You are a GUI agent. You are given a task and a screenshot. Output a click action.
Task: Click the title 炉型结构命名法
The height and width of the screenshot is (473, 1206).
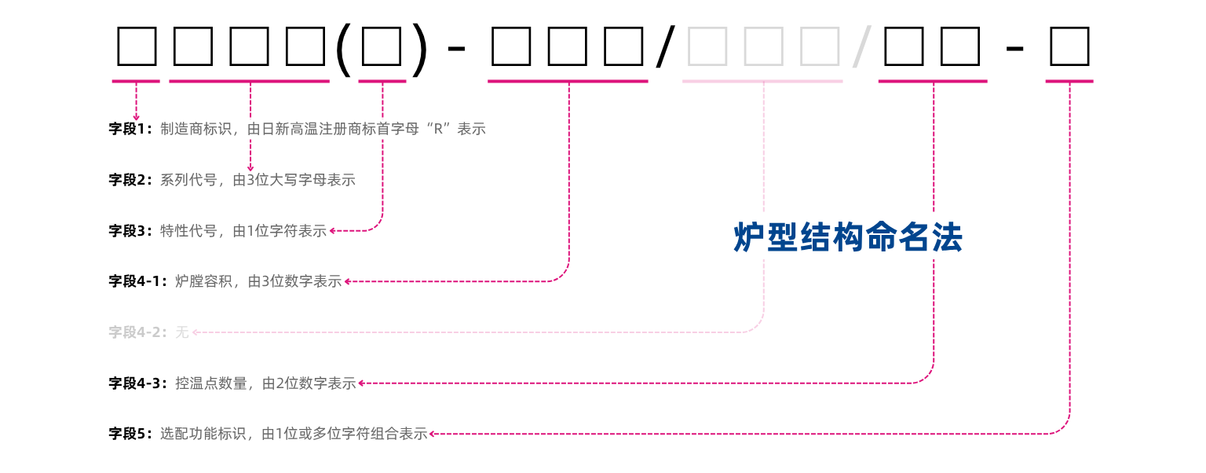[x=847, y=237]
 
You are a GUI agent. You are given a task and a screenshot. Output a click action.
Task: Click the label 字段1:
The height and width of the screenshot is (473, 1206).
[x=130, y=129]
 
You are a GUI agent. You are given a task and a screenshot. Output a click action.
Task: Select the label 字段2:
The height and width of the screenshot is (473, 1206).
[x=130, y=180]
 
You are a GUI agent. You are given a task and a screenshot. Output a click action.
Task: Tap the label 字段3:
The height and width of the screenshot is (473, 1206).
[x=130, y=231]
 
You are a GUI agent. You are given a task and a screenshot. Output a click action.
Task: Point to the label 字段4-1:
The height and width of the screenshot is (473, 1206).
[x=138, y=281]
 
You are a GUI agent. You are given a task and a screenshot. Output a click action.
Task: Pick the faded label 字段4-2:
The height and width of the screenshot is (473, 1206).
[x=138, y=332]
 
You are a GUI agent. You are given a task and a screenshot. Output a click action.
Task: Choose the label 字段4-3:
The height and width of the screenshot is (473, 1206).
[x=138, y=383]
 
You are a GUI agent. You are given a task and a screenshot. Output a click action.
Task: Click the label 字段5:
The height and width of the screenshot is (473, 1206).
[x=130, y=434]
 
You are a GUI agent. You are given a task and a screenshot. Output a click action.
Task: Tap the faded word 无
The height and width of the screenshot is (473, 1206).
[x=182, y=332]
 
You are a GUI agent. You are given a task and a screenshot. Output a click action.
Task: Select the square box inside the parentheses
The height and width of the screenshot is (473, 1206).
[x=382, y=47]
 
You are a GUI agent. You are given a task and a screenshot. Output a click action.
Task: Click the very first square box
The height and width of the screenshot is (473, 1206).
[x=137, y=47]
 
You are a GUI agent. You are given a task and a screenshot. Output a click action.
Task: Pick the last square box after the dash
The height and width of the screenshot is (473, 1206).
[x=1070, y=47]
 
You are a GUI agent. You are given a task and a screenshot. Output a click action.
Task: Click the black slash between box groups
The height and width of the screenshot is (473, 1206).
[x=666, y=47]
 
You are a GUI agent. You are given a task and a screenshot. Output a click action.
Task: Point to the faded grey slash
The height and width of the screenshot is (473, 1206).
[x=861, y=47]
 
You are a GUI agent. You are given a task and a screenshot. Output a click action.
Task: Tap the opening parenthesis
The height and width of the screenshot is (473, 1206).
[x=343, y=49]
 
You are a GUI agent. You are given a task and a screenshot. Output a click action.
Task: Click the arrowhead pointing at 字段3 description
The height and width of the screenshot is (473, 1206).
[x=333, y=231]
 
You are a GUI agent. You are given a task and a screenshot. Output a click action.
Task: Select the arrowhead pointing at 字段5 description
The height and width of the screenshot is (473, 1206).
[x=433, y=434]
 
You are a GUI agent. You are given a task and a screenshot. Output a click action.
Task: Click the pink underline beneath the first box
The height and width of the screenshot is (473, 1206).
[x=136, y=82]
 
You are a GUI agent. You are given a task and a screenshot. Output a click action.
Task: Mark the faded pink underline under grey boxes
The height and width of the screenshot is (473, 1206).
[x=762, y=82]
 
